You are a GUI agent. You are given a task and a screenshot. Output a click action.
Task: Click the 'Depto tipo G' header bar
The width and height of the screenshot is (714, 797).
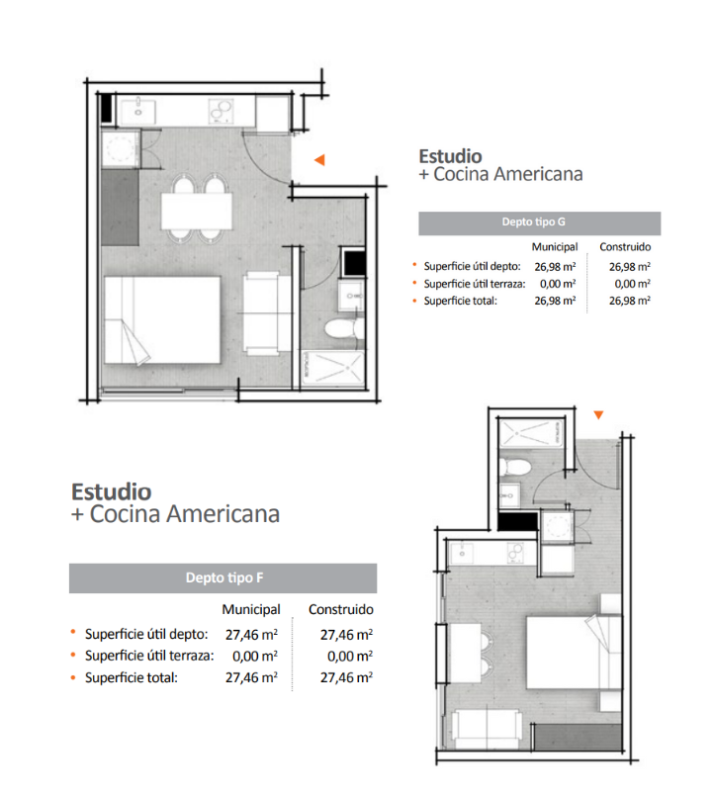[x=539, y=223]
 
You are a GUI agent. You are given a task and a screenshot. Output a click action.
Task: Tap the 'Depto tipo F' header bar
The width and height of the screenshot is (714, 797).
[x=223, y=577]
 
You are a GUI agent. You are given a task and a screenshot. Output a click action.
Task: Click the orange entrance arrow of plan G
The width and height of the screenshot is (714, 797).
[x=319, y=159]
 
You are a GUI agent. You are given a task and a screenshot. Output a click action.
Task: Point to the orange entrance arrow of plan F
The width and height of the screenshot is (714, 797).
[x=598, y=414]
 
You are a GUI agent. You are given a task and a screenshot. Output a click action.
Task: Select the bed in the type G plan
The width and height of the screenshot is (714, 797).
[x=162, y=319]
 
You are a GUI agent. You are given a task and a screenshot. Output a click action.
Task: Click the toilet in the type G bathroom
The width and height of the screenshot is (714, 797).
[x=343, y=329]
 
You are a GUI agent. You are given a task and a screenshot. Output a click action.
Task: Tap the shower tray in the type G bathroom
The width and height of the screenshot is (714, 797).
[x=333, y=366]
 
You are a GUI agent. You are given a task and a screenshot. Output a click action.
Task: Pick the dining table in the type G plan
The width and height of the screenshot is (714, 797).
[x=197, y=211]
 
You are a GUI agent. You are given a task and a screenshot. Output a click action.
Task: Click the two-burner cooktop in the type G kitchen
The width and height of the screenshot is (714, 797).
[x=221, y=112]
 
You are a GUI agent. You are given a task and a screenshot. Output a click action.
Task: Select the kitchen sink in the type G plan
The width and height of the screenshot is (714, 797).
[x=138, y=111]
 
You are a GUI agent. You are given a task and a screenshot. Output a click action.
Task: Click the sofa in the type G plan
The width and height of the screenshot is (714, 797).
[x=261, y=313]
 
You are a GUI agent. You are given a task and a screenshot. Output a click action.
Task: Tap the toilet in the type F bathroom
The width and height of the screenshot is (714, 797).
[x=515, y=467]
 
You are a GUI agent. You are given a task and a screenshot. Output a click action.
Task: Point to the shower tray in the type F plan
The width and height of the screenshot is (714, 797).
[x=531, y=433]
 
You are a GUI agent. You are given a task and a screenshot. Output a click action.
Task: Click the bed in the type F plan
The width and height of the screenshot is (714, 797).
[x=574, y=653]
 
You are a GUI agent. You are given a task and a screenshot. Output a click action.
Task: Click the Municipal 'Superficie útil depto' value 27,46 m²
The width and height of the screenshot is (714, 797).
[x=251, y=635]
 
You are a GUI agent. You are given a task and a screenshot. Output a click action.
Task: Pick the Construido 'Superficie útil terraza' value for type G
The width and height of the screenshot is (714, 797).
[x=632, y=284]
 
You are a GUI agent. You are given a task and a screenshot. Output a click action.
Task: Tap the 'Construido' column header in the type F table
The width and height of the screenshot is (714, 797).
[x=340, y=609]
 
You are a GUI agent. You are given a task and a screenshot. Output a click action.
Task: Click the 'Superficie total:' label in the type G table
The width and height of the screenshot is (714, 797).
[x=461, y=301]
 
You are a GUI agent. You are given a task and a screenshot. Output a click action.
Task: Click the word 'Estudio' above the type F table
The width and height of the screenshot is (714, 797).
[x=112, y=492]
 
